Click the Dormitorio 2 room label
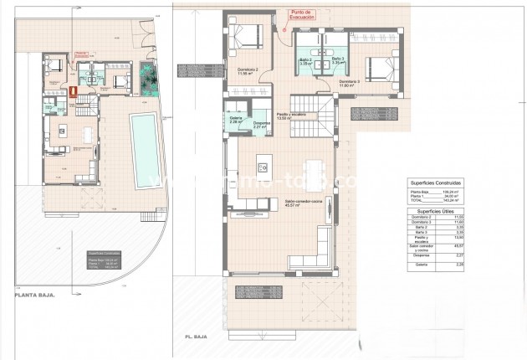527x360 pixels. click(246, 70)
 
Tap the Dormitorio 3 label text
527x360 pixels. click(373, 82)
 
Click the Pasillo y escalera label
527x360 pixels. click(290, 116)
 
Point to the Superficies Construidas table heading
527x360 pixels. click(436, 182)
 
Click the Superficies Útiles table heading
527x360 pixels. click(436, 212)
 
